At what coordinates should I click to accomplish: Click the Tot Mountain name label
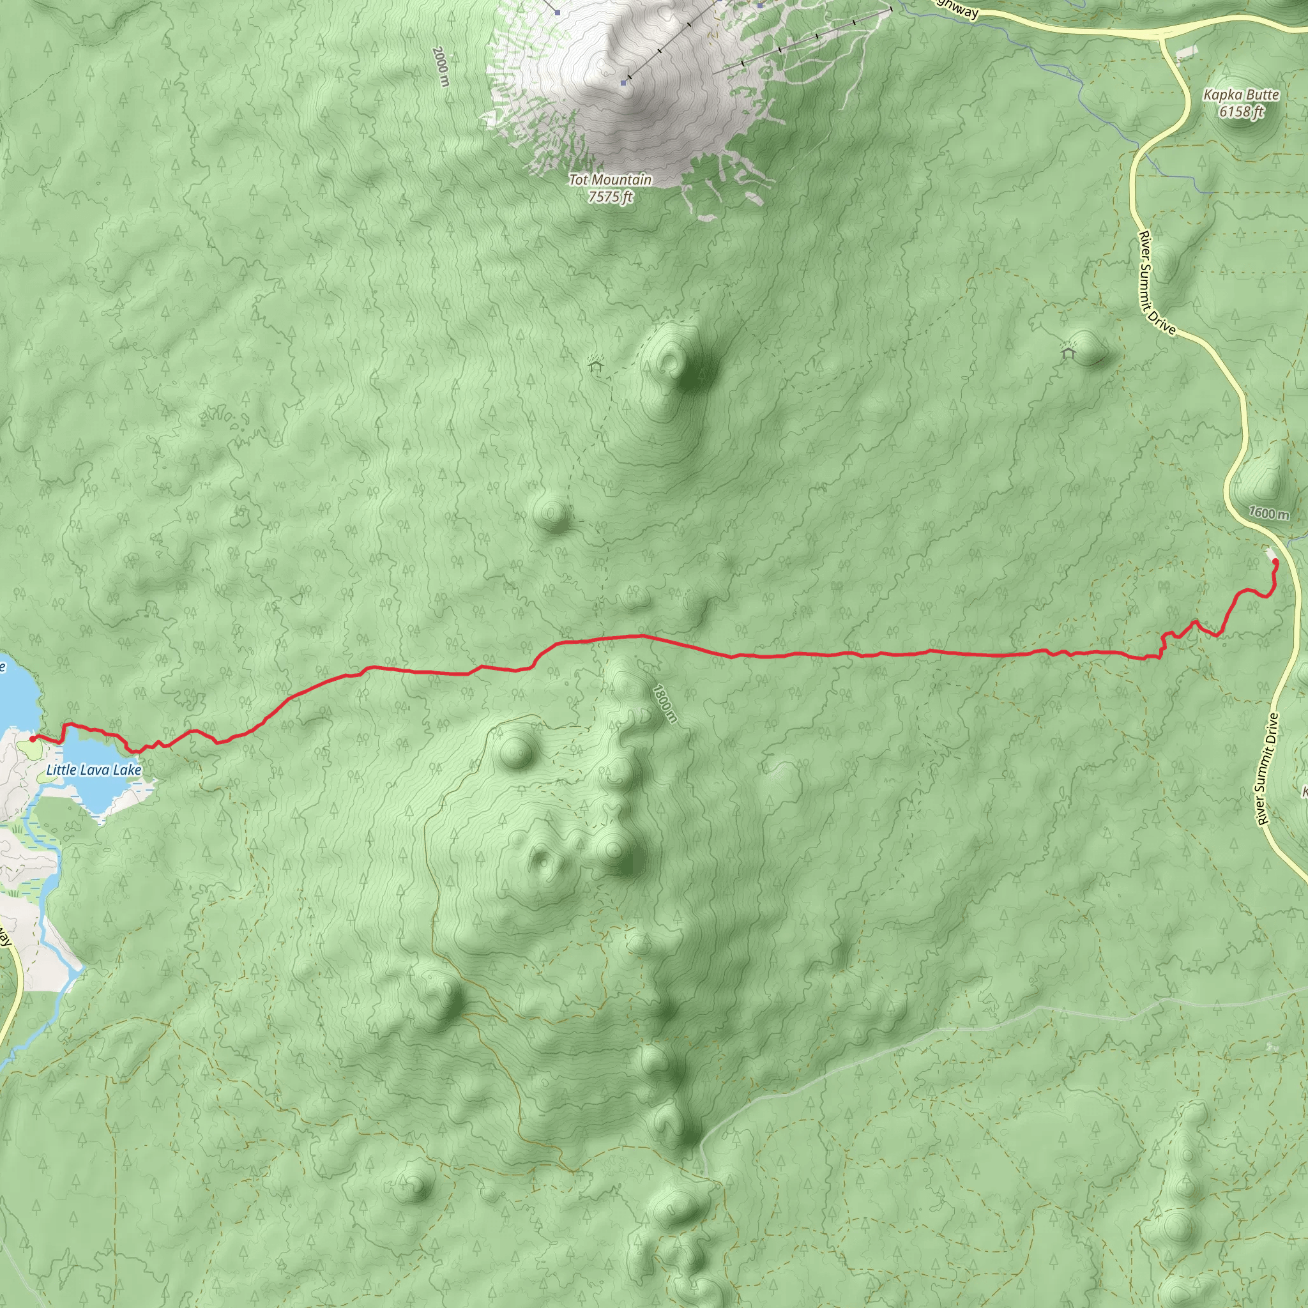tap(610, 179)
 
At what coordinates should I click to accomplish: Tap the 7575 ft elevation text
tap(610, 197)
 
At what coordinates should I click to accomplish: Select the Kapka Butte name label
tap(1241, 95)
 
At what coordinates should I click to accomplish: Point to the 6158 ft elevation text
tap(1241, 112)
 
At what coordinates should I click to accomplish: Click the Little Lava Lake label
tap(93, 770)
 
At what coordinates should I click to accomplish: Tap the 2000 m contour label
tap(441, 66)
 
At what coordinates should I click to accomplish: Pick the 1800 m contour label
tap(664, 704)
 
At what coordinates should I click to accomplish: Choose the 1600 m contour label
tap(1269, 512)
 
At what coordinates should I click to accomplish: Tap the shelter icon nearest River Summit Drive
tap(1068, 352)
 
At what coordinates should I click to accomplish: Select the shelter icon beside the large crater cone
tap(595, 365)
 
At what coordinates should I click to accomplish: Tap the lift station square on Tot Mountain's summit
tap(623, 82)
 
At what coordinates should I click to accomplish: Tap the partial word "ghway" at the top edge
tap(955, 9)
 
